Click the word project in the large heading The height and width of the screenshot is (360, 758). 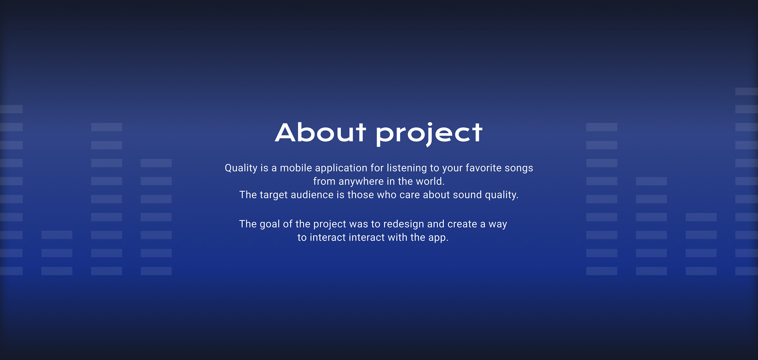click(429, 134)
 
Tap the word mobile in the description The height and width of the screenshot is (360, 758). click(296, 168)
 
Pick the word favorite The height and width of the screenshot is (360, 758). click(483, 168)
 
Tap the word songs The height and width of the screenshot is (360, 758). click(519, 169)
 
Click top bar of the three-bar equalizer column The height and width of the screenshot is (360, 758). click(57, 235)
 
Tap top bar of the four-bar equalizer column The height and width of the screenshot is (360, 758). click(701, 217)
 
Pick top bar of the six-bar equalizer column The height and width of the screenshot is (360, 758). click(651, 181)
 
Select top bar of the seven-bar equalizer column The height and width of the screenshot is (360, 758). click(156, 163)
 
